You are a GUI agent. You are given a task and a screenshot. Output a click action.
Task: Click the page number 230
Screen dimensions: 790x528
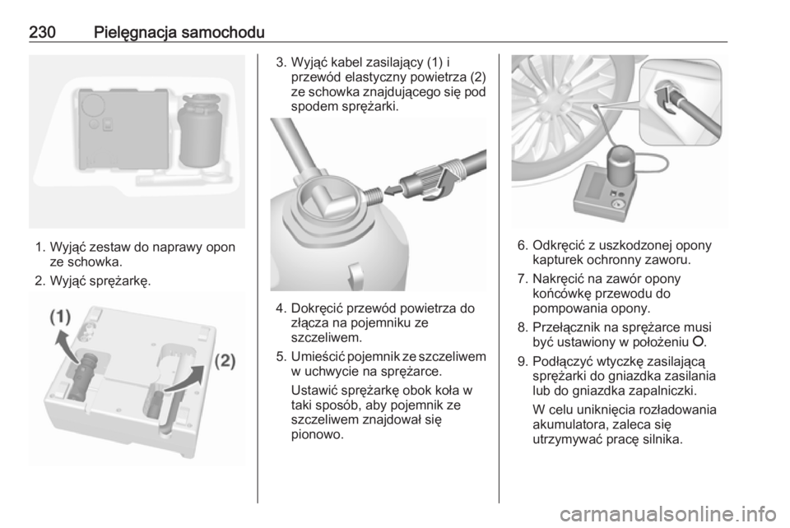(42, 32)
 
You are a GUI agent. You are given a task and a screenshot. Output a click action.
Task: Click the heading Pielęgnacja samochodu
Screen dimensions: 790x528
(179, 33)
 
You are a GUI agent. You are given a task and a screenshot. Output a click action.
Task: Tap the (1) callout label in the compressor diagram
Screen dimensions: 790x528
(60, 317)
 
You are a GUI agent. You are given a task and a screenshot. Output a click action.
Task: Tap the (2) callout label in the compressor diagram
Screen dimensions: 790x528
(225, 361)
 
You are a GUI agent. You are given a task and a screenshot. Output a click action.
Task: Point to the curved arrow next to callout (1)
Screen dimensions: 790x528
(66, 345)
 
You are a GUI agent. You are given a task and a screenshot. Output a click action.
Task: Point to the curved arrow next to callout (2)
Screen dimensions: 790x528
(187, 378)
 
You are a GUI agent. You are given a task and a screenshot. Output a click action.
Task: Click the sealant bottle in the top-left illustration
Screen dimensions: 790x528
(200, 130)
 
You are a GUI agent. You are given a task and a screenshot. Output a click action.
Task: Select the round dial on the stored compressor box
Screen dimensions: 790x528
(93, 104)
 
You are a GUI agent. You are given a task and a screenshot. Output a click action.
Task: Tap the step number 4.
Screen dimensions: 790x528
(281, 308)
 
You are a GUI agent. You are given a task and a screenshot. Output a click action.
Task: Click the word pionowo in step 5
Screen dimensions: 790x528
(318, 434)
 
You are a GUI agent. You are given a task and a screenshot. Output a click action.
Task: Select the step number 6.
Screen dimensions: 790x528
(523, 245)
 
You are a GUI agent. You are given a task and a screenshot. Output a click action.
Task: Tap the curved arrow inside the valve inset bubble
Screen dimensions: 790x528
(665, 100)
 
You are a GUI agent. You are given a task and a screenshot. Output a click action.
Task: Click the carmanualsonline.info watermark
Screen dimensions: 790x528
(668, 514)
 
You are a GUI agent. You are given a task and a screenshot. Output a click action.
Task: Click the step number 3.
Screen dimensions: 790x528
(281, 63)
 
